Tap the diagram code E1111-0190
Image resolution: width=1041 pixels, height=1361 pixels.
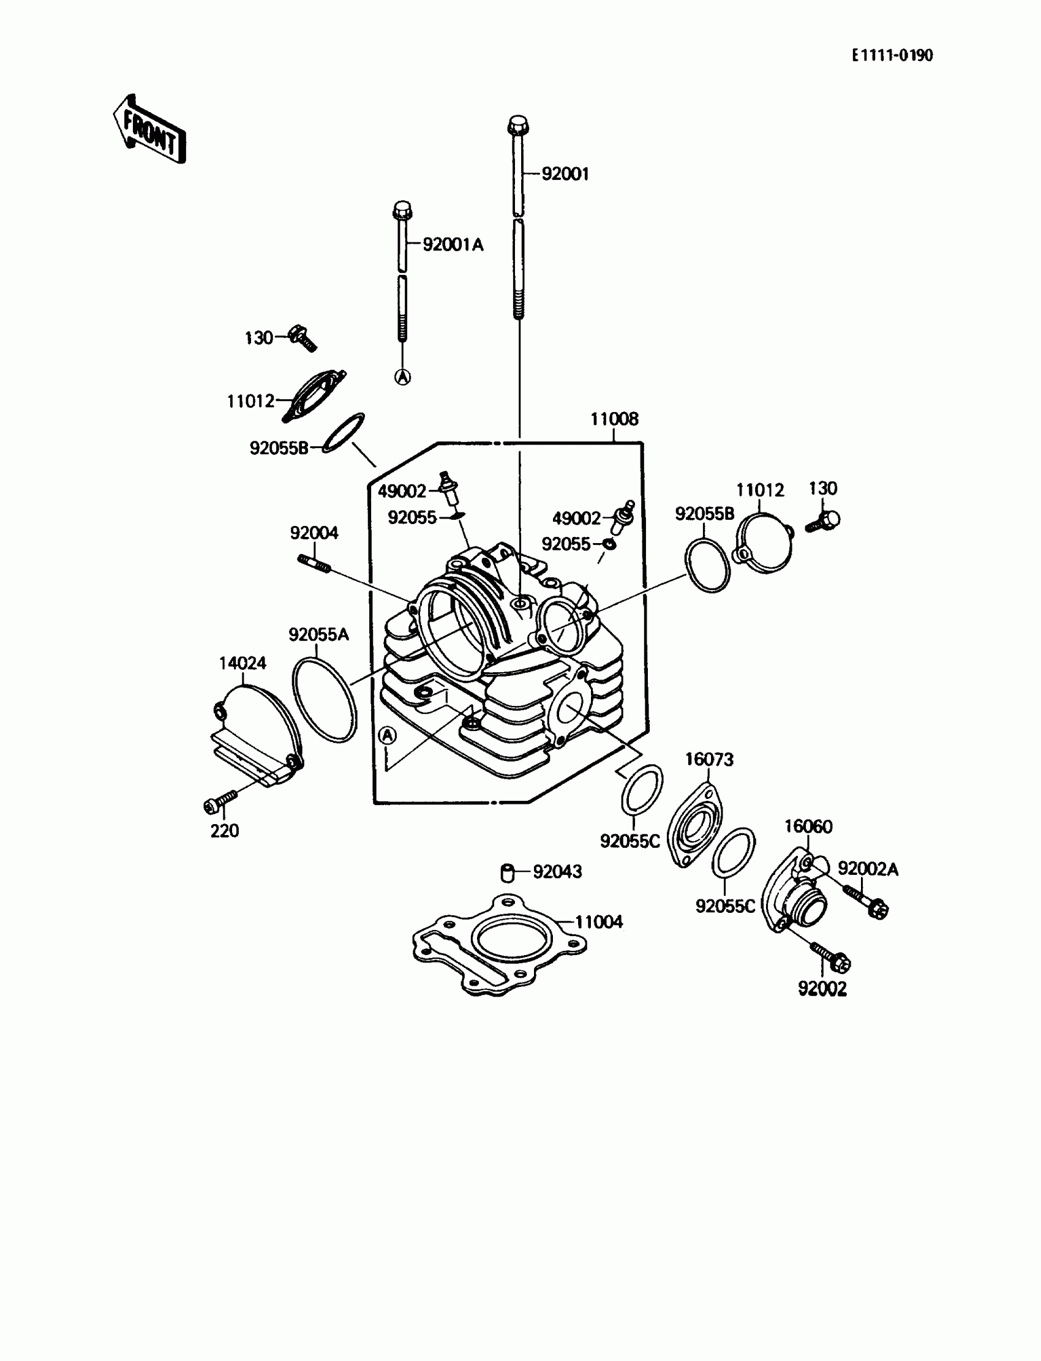[892, 56]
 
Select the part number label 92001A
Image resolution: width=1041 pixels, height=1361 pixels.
[453, 245]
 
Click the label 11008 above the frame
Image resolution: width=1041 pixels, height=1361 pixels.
[614, 419]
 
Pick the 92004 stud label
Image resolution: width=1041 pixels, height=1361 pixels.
[314, 533]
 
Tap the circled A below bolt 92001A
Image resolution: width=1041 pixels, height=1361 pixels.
[403, 377]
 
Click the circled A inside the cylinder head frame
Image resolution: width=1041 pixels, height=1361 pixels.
[387, 735]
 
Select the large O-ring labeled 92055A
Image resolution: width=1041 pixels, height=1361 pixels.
[324, 699]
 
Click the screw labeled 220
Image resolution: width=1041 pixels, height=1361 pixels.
[219, 801]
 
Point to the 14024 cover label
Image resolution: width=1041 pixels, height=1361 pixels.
[242, 663]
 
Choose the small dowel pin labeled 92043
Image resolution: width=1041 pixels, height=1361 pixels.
[508, 872]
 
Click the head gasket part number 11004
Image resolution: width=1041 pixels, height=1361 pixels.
[599, 922]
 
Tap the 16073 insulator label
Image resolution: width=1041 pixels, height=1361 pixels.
[709, 760]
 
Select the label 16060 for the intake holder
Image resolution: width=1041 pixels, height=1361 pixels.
[808, 827]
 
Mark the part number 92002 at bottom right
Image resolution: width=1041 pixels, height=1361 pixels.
[822, 989]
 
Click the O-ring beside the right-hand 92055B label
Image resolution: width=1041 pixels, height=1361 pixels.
[708, 565]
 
